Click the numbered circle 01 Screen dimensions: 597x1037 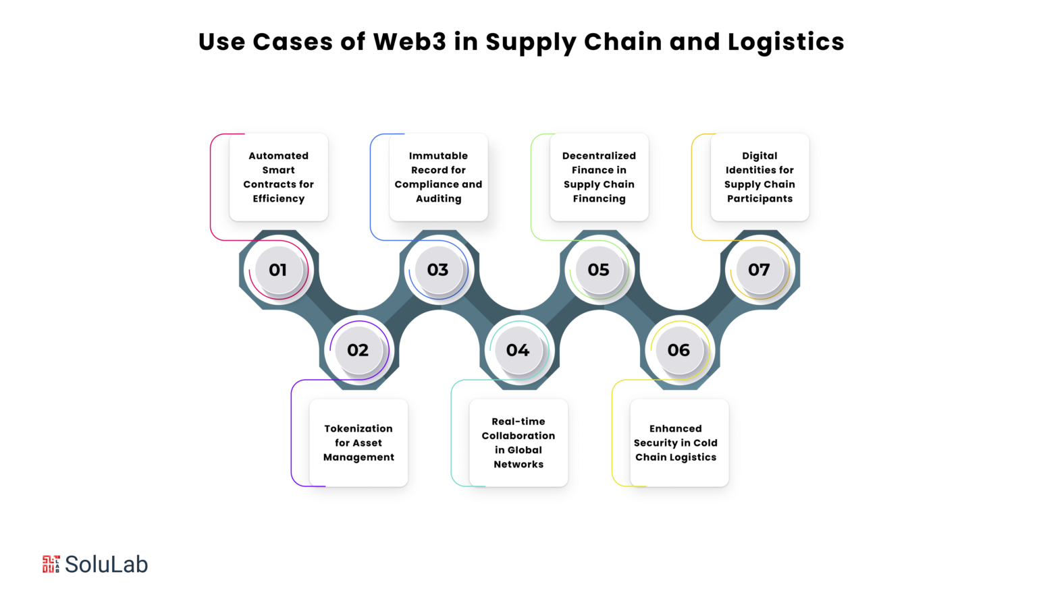[x=277, y=270]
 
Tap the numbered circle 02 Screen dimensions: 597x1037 [x=358, y=350]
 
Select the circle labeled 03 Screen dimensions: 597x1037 [x=437, y=270]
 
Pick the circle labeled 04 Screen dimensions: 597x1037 [x=518, y=350]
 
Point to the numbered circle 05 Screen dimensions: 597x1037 [x=598, y=270]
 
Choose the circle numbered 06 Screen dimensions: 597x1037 [x=679, y=350]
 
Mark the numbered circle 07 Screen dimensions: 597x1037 [x=759, y=270]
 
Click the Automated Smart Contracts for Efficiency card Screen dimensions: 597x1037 [x=278, y=177]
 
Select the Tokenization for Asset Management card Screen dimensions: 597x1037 [x=358, y=443]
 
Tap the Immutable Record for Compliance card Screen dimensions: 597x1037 [x=438, y=177]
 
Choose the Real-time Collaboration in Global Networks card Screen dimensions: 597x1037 [x=518, y=443]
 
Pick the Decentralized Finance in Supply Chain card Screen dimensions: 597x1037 [x=599, y=177]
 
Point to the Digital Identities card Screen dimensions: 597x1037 [x=760, y=177]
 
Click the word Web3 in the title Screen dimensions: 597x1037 [x=410, y=42]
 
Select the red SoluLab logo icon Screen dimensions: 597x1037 [x=51, y=564]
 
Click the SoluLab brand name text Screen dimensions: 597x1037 [x=107, y=564]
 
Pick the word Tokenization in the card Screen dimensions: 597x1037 [x=358, y=428]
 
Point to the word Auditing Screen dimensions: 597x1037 [x=439, y=199]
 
